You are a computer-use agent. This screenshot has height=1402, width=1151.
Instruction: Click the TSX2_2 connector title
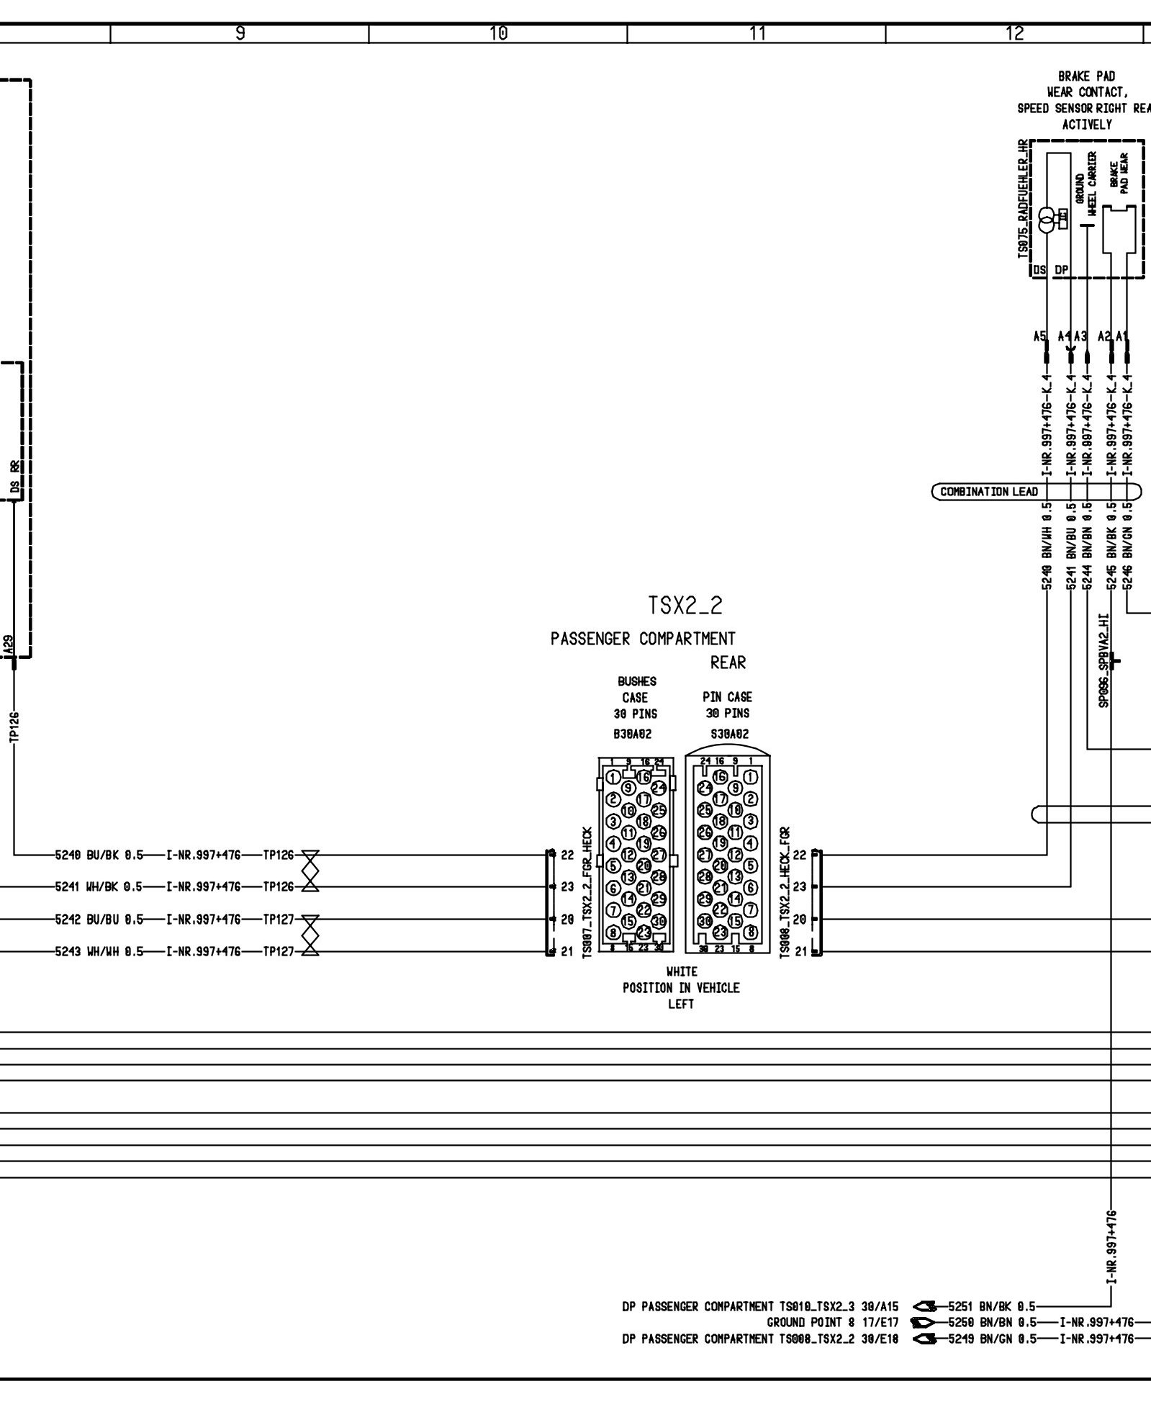(x=685, y=606)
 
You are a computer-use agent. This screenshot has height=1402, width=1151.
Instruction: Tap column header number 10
(x=498, y=33)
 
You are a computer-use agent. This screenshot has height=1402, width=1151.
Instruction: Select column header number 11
(x=757, y=33)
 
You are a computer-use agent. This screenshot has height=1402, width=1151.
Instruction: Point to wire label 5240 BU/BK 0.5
(x=99, y=855)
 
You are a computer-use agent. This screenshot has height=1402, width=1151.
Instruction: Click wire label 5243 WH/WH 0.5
(x=99, y=951)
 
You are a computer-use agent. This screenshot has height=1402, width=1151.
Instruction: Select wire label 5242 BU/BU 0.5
(x=99, y=920)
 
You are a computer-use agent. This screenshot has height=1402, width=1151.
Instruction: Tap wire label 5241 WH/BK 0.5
(x=99, y=887)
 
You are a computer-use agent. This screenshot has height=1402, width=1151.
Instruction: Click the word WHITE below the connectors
(x=682, y=972)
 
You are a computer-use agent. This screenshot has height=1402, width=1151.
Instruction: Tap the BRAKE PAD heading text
(x=1086, y=76)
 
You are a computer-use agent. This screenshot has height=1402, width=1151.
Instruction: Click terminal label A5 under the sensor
(x=1039, y=336)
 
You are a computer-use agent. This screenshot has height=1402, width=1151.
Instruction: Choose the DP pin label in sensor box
(x=1062, y=270)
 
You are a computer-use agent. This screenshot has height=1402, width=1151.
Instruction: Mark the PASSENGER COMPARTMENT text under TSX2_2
(x=643, y=639)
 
